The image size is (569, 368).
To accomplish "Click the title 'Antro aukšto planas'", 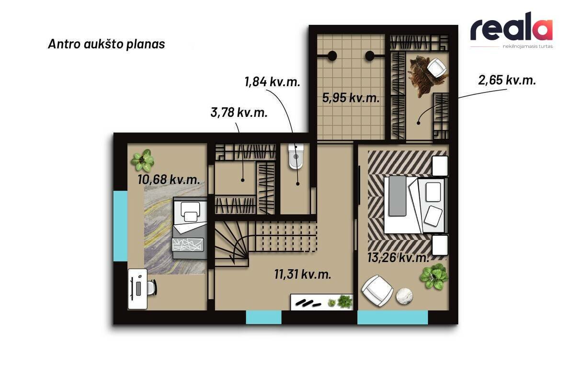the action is pos(106,44).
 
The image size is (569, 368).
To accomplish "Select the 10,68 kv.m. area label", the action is pos(169,179).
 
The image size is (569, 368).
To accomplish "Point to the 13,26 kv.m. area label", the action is pos(398,258).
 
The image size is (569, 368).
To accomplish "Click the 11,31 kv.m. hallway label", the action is pos(303,274).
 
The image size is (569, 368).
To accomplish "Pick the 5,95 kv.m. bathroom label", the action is pos(351,98).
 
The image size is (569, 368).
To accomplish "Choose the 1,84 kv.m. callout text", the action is pos(273,81).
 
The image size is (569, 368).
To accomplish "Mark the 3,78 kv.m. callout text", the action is pos(239,112).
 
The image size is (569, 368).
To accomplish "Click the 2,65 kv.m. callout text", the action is pos(507,80).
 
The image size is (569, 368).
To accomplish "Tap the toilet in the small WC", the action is pos(296,156).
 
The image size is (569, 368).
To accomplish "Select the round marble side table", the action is pos(404,296).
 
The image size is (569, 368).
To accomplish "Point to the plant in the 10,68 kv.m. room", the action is pos(143,160).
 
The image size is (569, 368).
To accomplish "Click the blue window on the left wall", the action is pos(121,226).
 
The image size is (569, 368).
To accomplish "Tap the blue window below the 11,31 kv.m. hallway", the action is pos(264,317).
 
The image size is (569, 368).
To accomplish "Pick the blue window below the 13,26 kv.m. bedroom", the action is pos(393,317).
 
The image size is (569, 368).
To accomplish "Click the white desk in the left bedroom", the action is pos(137,289).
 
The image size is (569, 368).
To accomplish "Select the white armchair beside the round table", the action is pos(377,291).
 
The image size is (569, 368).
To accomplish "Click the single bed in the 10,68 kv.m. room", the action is pos(189,228).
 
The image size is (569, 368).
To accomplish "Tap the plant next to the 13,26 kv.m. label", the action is pos(434,276).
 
